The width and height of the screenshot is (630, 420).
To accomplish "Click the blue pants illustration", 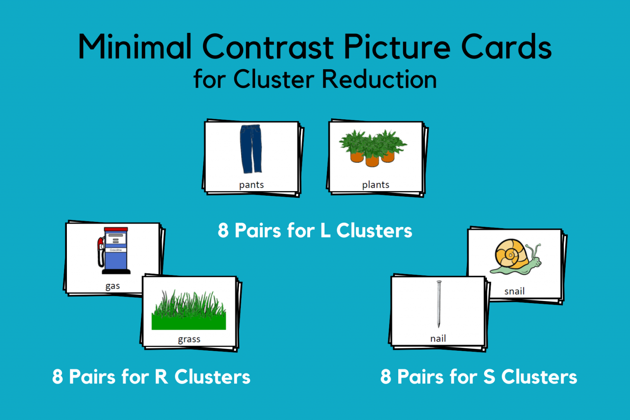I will point(251,148).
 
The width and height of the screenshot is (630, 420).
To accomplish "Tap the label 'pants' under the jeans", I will point(251,185).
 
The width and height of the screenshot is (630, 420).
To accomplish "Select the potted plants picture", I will point(372,148).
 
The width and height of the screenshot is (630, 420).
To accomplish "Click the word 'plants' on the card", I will point(375,185).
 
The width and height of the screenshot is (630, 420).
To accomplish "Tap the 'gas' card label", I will point(112,286).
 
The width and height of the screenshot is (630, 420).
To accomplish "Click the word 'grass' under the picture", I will point(189,339).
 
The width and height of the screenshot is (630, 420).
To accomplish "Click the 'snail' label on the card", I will point(514,291).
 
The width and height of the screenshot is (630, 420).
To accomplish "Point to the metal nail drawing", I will point(438,304).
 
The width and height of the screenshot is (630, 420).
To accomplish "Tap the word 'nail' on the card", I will point(438,338).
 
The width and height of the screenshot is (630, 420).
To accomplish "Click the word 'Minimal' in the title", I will point(135,47).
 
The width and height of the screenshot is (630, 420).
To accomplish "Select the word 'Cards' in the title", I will point(506,47).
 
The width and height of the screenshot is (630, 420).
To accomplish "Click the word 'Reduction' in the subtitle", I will point(379,79).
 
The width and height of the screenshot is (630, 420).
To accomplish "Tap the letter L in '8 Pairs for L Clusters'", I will point(325,231).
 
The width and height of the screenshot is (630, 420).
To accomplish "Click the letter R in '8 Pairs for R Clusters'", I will point(162,377).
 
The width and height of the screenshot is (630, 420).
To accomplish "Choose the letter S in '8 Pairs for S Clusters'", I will point(489,377).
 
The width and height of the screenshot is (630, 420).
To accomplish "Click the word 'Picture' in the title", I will point(397,47).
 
